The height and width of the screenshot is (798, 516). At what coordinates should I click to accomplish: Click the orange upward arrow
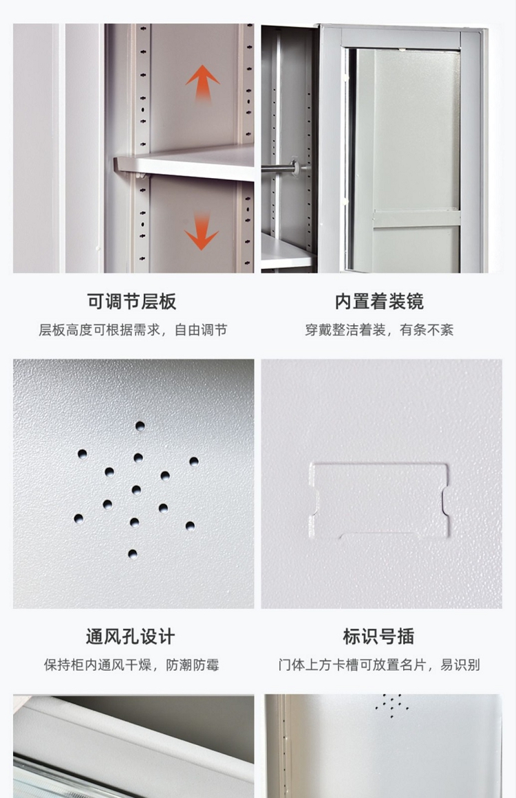[x=202, y=84]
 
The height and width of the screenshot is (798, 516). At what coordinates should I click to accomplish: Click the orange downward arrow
[x=202, y=232]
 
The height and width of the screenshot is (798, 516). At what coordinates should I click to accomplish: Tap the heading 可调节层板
[x=131, y=301]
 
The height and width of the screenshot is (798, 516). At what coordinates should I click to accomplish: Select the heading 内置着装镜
[x=379, y=301]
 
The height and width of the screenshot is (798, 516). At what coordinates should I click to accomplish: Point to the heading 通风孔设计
[x=131, y=636]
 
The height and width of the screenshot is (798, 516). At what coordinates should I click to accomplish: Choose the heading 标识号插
[x=378, y=636]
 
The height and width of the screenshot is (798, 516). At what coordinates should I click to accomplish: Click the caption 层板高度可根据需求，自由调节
[x=133, y=330]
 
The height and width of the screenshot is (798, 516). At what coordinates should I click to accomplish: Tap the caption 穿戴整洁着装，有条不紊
[x=379, y=330]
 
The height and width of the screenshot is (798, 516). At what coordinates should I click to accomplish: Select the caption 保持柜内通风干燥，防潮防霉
[x=131, y=665]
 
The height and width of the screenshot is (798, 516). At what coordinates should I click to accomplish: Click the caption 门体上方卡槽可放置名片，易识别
[x=379, y=665]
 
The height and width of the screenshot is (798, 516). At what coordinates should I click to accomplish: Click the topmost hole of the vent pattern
[x=140, y=425]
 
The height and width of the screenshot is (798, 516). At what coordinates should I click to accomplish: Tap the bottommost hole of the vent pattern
[x=132, y=554]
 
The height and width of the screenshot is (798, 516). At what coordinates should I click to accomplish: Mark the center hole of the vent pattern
[x=136, y=489]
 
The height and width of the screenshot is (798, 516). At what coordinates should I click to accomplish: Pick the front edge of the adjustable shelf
[x=184, y=170]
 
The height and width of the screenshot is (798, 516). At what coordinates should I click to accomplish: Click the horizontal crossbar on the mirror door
[x=416, y=219]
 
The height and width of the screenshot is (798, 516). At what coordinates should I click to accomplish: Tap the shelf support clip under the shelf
[x=142, y=176]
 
